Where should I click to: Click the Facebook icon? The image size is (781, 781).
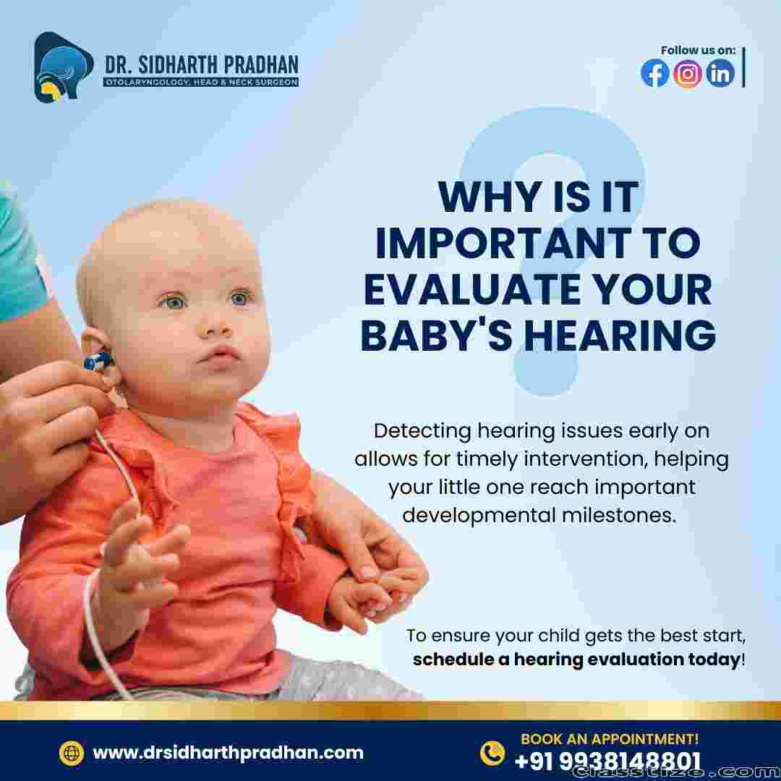pos(654,73)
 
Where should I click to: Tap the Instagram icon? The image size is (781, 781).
pos(688,73)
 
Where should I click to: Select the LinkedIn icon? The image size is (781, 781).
pos(720,73)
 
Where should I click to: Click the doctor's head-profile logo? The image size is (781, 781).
pos(61,67)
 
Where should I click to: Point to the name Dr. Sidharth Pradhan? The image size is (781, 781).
pos(202,65)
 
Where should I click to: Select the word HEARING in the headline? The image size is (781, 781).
pos(620,336)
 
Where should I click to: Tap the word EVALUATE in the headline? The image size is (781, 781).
pos(471,289)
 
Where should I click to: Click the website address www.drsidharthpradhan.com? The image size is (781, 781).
pos(228,753)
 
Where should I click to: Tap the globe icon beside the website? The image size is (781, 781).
pos(71,753)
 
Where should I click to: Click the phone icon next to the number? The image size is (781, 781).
pos(492,753)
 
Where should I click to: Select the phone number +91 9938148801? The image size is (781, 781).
pos(607,761)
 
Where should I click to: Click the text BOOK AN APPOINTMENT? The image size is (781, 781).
pos(610,738)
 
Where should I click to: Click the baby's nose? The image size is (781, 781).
pos(217,326)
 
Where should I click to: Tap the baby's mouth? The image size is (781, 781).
pos(220,357)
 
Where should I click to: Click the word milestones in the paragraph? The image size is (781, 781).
pos(619,515)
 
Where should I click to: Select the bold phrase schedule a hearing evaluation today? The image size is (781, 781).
pos(576,659)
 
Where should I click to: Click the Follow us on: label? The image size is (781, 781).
pos(698,51)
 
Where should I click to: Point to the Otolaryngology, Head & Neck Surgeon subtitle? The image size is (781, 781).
pos(201,82)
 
